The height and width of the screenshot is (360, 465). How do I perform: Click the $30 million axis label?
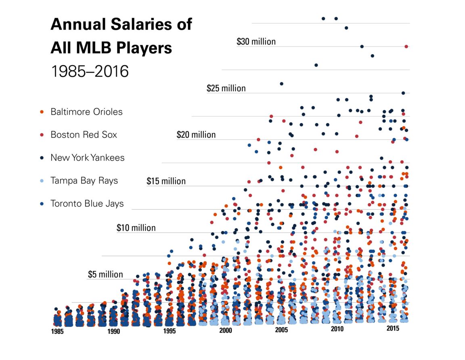point(256,42)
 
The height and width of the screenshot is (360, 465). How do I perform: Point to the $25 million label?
point(226,88)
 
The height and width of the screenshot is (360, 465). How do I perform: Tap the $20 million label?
point(196,135)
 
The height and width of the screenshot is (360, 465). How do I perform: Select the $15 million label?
point(166,181)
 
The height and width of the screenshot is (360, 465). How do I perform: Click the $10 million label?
point(136,228)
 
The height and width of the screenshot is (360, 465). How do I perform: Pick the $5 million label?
point(105,274)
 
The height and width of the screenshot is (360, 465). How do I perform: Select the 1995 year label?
point(170,331)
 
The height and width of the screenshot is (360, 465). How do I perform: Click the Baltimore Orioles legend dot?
point(43,112)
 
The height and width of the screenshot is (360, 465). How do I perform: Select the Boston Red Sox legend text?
point(84,135)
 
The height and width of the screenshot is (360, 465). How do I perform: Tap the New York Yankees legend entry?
point(87,158)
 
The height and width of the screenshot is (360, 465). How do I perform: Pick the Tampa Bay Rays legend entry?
point(84,181)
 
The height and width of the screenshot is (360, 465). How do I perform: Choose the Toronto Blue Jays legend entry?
point(87,204)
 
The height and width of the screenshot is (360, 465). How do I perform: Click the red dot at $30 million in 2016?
point(406,46)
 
